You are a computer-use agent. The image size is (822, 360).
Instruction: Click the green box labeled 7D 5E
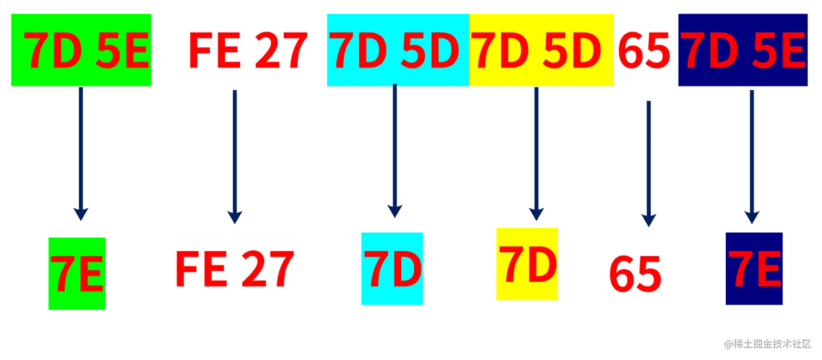tap(82, 50)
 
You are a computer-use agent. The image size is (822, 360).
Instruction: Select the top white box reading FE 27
tap(235, 50)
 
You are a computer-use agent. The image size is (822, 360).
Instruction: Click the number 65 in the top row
tap(644, 51)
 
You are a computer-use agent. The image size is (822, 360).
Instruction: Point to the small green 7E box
tap(77, 274)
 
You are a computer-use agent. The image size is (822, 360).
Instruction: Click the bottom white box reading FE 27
tap(234, 269)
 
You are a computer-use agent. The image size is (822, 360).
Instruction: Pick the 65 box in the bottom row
tap(635, 274)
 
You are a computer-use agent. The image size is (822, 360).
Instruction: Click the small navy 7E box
tap(753, 268)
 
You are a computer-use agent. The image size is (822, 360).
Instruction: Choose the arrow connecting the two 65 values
tap(647, 163)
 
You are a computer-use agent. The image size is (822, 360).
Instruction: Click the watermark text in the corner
tap(767, 343)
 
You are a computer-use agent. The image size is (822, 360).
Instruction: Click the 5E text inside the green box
tap(122, 51)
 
